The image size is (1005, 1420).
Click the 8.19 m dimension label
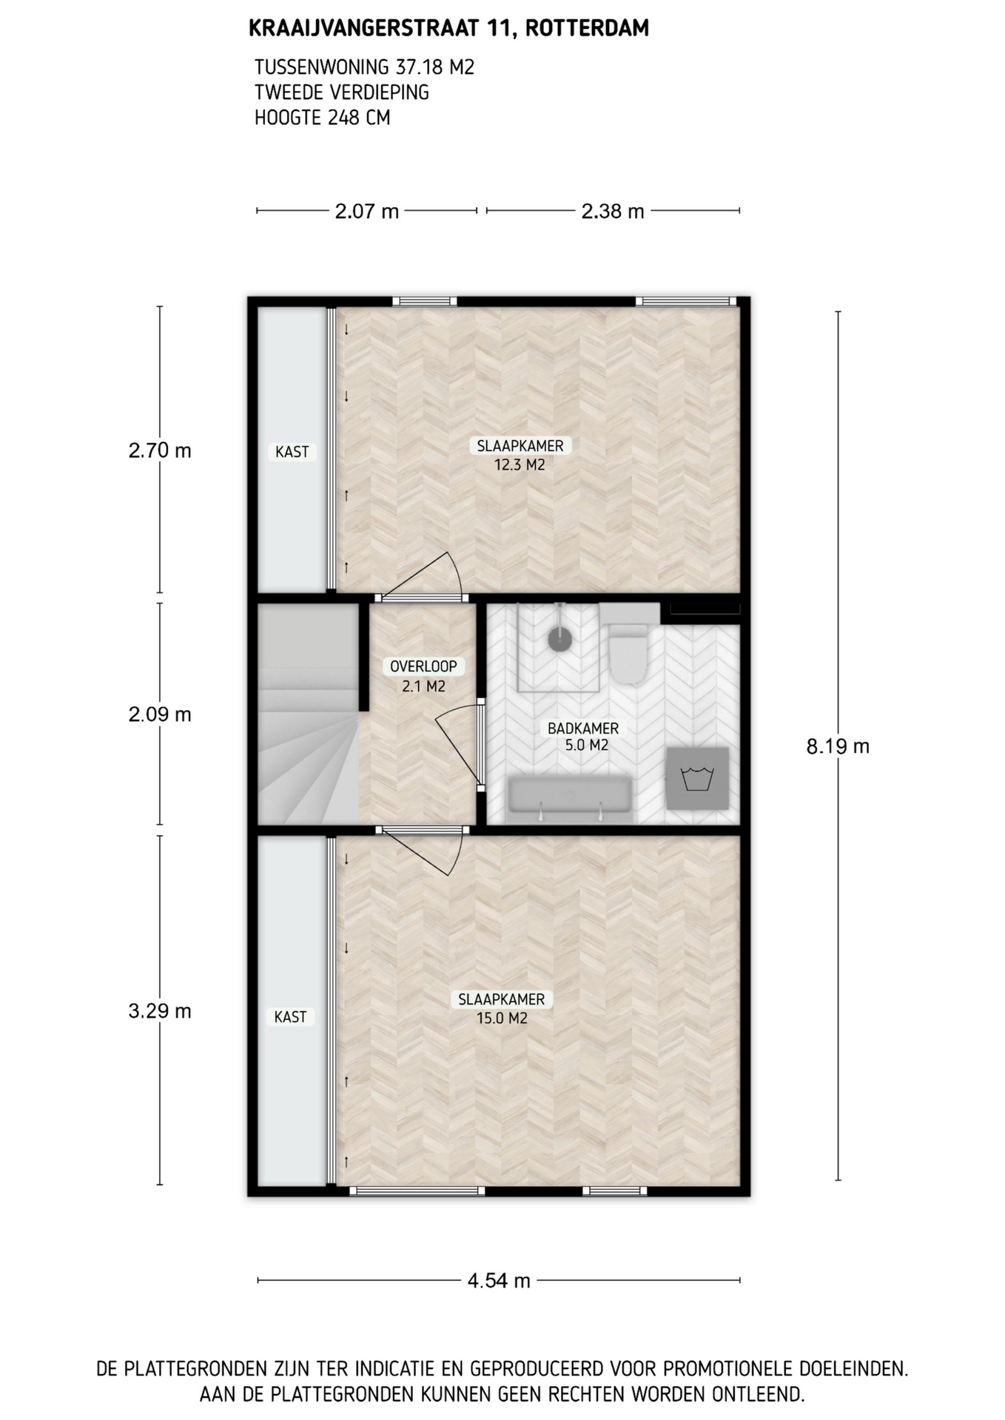[838, 746]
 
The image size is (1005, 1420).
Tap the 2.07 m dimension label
[366, 212]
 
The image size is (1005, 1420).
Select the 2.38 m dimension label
[613, 212]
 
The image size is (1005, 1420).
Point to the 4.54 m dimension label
[499, 1280]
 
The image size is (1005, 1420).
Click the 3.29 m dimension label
[160, 1011]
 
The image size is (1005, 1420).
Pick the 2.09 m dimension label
[160, 714]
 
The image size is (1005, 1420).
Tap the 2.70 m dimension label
[160, 450]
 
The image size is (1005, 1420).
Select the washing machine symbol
[697, 778]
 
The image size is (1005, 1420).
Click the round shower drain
[559, 638]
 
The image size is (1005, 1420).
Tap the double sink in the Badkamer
[570, 799]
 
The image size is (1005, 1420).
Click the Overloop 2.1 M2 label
[423, 676]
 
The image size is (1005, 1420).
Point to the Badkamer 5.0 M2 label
[584, 737]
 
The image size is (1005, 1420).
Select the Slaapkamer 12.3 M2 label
[520, 455]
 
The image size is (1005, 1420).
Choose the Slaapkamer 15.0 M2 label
[502, 1008]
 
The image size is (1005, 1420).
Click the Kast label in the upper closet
[292, 452]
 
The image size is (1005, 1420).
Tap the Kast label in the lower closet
[290, 1017]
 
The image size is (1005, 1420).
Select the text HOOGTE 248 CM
[322, 118]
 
